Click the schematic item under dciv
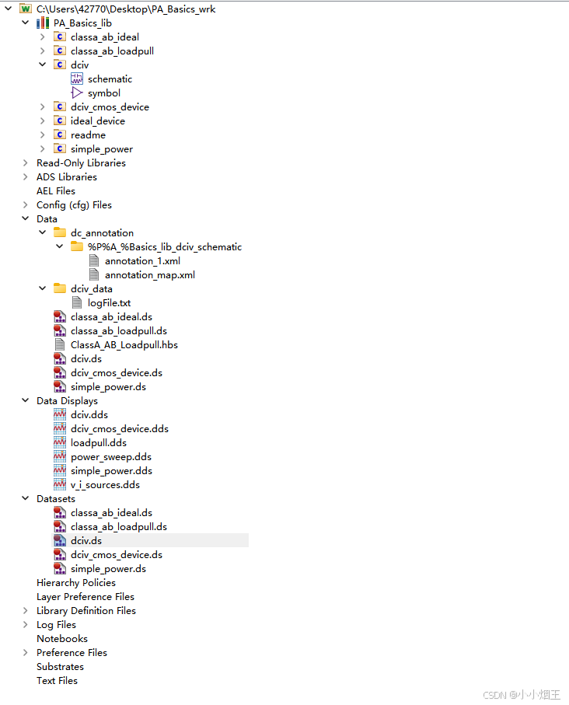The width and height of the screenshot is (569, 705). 110,79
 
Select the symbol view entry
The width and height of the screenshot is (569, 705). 103,93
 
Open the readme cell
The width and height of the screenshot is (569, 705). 88,135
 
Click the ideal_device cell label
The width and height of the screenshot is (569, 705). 97,121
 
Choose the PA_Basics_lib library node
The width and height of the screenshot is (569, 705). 82,23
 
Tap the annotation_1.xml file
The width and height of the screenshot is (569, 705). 142,261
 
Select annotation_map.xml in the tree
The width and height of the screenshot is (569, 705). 149,275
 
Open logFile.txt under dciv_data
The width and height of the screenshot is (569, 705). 109,303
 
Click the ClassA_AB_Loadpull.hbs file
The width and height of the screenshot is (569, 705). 124,345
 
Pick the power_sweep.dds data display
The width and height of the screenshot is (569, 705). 110,457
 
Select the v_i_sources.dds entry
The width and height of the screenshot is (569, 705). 105,485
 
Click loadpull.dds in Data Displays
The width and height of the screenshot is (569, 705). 98,443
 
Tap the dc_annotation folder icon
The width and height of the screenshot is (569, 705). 60,233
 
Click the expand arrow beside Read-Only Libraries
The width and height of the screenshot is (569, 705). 26,163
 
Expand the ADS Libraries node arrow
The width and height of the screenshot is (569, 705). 26,177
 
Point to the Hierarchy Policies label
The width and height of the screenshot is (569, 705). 75,583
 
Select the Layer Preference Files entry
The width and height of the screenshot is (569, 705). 85,597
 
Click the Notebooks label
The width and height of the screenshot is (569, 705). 61,639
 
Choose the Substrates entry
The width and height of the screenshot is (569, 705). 60,667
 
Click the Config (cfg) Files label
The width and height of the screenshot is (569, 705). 74,205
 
